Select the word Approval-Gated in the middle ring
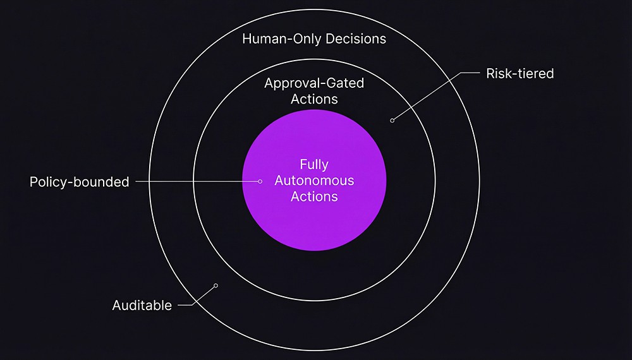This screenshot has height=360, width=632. point(314,83)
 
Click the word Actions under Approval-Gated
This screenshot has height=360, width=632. point(314,99)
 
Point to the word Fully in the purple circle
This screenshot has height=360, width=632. point(314,165)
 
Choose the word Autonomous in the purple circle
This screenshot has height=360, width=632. point(314,181)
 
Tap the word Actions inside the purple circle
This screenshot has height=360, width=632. point(314,196)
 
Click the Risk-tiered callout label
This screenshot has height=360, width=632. point(520,74)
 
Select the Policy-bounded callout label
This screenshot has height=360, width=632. point(80,182)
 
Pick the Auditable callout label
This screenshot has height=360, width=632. point(142,306)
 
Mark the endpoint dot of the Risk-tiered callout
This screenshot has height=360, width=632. point(392,120)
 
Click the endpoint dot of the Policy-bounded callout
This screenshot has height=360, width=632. point(260,181)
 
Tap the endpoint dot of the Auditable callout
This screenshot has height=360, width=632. point(216,285)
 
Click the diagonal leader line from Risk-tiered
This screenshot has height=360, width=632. point(427,97)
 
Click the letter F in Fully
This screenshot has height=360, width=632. point(303,165)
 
